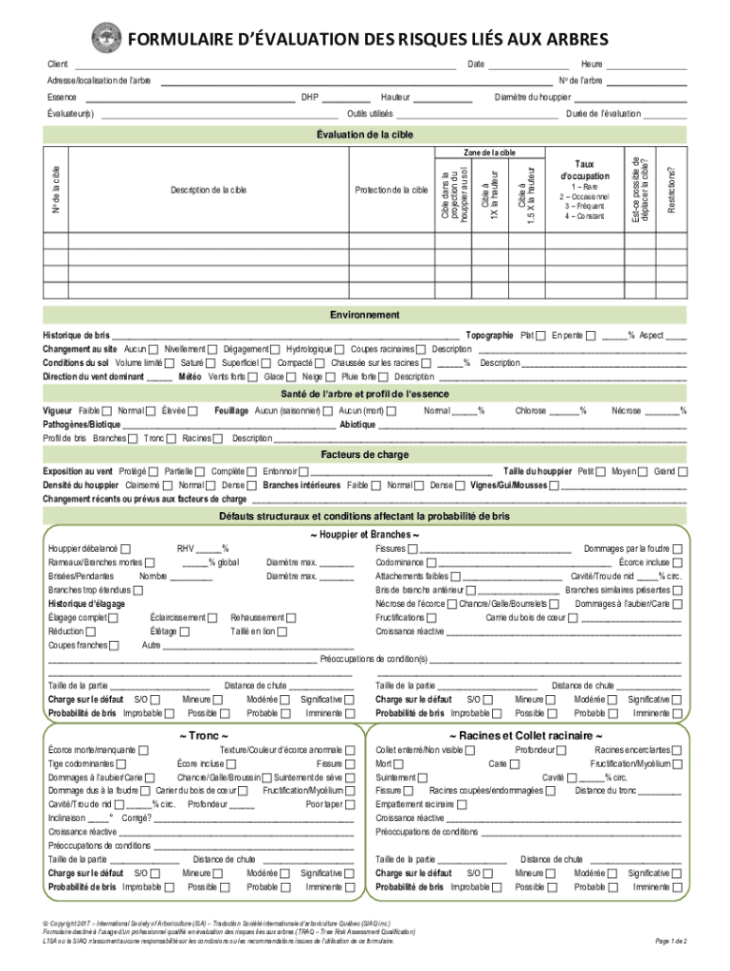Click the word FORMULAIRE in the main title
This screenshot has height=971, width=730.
186,40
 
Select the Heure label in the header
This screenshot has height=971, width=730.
592,64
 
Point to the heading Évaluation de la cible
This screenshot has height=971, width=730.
364,135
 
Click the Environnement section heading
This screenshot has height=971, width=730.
364,315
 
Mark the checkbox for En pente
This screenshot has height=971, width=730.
592,336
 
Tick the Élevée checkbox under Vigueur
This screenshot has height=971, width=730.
193,412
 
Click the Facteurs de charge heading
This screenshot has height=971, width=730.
364,454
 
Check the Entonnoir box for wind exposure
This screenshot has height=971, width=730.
304,471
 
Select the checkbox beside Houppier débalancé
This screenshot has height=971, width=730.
126,549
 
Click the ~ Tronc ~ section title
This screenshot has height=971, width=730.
202,735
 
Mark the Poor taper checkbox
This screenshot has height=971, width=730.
349,803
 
